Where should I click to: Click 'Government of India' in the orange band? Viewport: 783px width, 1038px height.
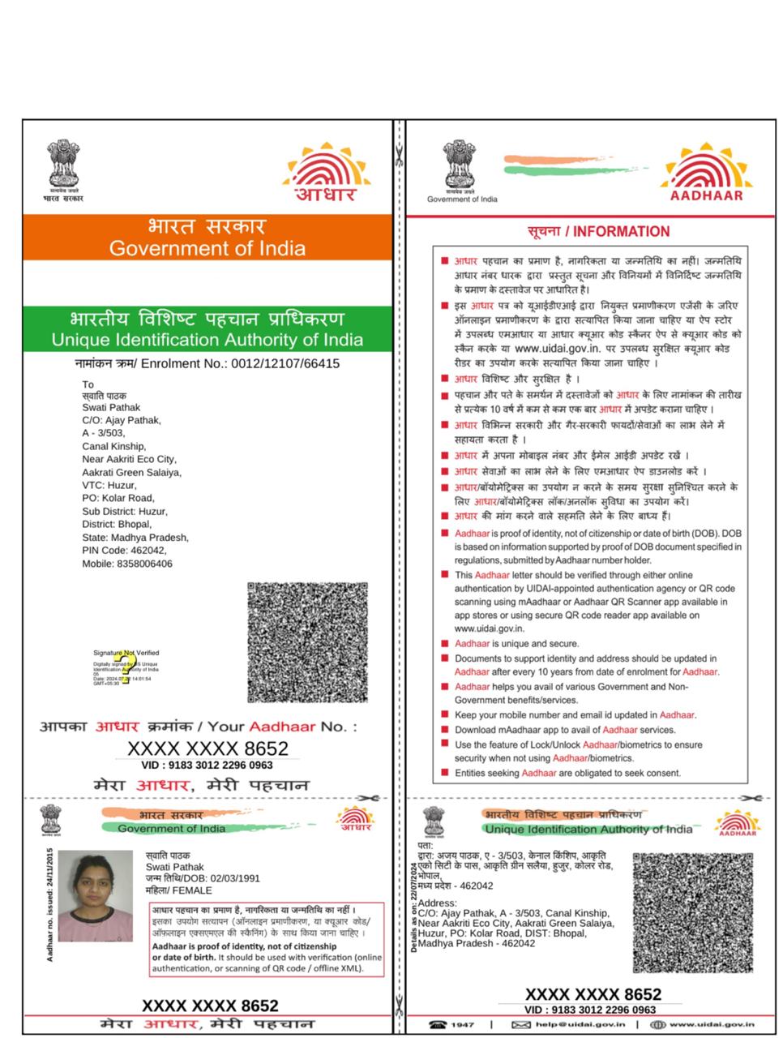coord(208,248)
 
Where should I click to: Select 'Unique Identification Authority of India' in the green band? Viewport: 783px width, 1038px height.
coord(208,340)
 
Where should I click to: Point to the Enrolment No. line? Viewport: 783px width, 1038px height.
coord(207,363)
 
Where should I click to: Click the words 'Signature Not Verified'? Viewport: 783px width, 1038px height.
coord(126,652)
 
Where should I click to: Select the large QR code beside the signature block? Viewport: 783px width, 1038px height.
coord(307,641)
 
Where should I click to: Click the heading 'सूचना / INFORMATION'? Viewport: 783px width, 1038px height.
coord(598,232)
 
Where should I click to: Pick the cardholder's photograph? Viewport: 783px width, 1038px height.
coord(96,895)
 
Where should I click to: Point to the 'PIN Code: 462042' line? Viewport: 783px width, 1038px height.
coord(124,550)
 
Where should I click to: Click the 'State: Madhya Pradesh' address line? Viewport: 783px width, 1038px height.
coord(135,537)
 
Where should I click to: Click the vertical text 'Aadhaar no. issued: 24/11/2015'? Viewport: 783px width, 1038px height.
coord(50,905)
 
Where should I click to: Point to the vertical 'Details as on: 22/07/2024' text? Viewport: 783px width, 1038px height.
coord(414,907)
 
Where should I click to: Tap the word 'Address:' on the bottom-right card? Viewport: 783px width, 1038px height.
coord(438,903)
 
